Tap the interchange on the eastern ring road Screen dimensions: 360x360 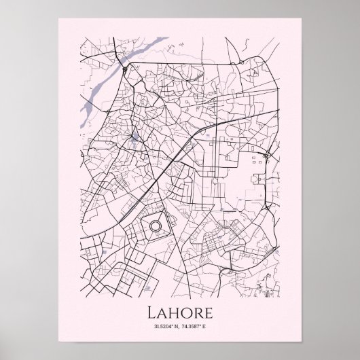(259, 160)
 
